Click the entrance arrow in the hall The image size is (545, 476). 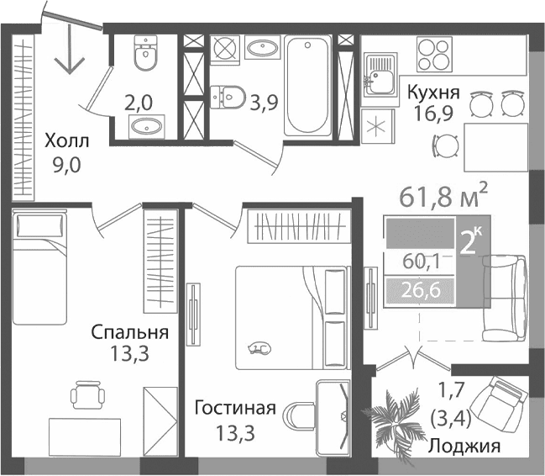click(69, 54)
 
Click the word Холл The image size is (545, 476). click(65, 142)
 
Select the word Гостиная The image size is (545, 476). click(235, 410)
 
